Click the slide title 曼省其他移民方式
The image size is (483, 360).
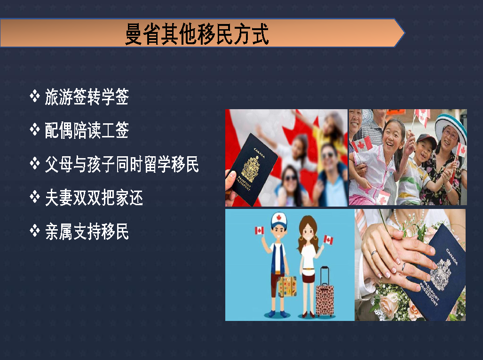point(197,34)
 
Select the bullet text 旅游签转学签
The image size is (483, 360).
point(87,97)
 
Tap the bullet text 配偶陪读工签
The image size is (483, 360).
point(87,130)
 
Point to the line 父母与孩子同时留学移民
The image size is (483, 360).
point(122,164)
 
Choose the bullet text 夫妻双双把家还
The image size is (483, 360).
point(94,198)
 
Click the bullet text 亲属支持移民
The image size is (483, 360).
point(87,231)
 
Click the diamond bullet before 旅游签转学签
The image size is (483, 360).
point(35,96)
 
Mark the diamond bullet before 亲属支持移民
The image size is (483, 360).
point(35,231)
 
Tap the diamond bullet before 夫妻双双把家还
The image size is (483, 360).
point(35,197)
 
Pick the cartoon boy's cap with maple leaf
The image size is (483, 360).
point(279,220)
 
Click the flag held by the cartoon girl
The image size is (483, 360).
point(328,240)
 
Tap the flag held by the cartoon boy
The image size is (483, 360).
point(259,231)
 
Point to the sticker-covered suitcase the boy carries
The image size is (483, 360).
point(287,287)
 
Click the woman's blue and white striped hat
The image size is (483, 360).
point(452,125)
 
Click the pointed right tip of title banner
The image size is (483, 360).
point(404,33)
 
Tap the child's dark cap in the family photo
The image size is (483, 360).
point(427,140)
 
